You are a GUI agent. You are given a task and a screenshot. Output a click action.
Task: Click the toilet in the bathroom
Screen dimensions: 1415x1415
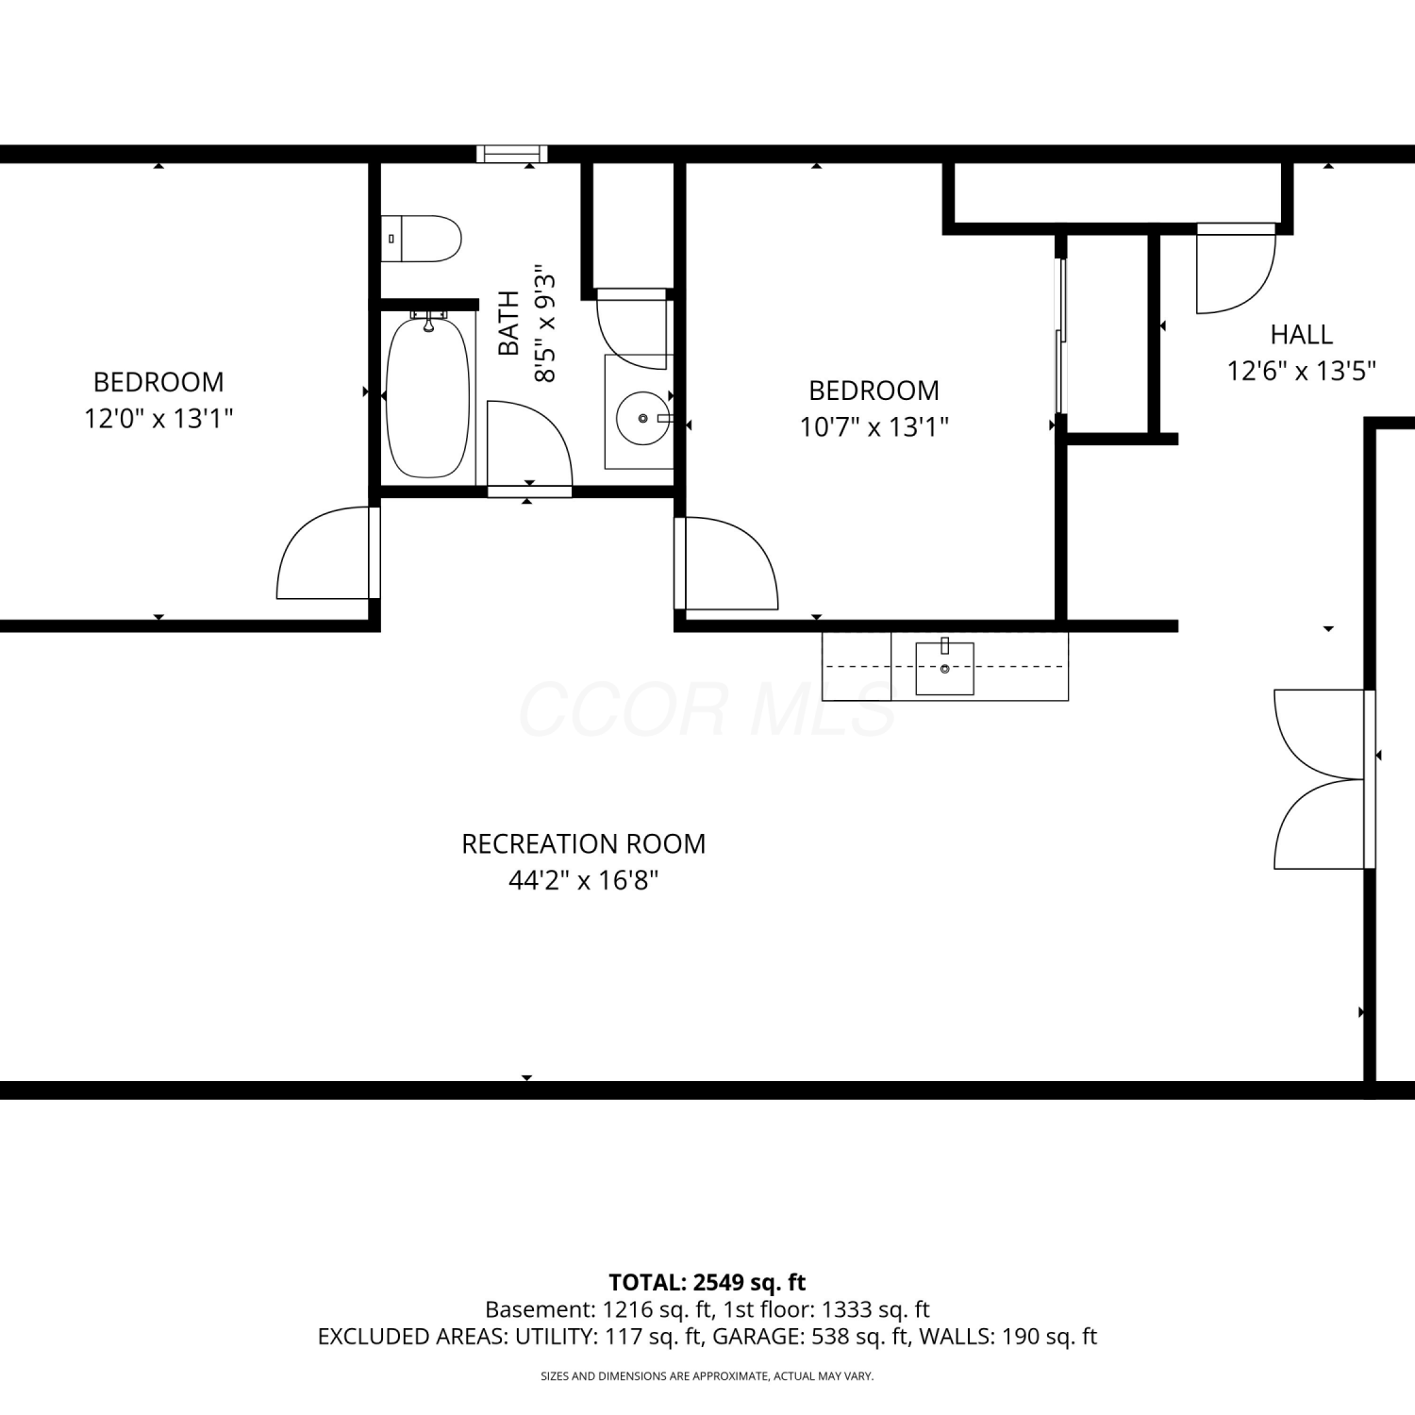coord(421,239)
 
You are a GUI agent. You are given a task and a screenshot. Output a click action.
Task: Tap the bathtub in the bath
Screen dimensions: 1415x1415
coord(428,397)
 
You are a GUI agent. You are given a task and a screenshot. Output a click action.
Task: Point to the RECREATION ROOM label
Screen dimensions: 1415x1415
coord(583,843)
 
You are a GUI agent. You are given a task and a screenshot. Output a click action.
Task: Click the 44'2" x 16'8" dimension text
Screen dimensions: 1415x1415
coord(583,880)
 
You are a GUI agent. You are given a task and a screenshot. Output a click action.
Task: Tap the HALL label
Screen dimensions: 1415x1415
coord(1301,334)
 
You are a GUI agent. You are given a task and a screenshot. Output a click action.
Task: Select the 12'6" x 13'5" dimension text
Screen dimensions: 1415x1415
coord(1301,371)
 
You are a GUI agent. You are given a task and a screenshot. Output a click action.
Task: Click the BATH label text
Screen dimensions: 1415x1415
coord(508,324)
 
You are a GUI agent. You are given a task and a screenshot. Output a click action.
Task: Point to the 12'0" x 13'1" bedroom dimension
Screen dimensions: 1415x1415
coord(158,418)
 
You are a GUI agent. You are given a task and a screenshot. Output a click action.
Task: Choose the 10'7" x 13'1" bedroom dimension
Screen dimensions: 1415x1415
coord(874,426)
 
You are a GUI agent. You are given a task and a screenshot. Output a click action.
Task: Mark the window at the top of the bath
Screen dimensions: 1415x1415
coord(512,154)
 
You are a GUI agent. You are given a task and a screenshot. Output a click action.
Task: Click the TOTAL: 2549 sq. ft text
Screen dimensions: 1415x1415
coord(707,1282)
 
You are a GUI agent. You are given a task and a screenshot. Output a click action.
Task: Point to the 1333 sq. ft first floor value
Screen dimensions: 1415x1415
coord(875,1309)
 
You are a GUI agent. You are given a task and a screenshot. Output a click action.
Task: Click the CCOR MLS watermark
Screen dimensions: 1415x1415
coord(707,709)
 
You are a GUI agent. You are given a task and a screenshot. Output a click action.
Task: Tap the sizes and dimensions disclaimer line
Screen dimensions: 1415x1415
coord(707,1376)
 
